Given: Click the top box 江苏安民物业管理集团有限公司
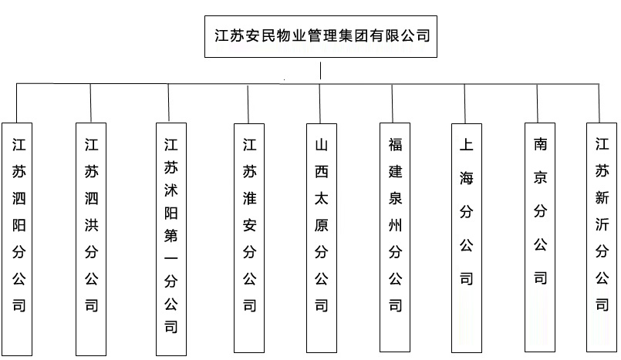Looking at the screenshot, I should (321, 35).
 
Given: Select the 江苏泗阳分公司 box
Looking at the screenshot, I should (19, 238).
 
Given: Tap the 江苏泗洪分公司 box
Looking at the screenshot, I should (92, 238).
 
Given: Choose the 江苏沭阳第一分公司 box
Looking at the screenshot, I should (171, 238).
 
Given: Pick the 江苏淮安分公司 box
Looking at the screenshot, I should (249, 238).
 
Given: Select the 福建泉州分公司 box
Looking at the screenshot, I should (395, 238).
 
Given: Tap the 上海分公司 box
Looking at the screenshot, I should (466, 238).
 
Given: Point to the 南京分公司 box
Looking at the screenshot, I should (540, 238).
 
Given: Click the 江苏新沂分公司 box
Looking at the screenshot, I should (602, 238).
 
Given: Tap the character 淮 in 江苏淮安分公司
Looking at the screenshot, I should (249, 197).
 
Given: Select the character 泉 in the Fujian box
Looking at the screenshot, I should (395, 197).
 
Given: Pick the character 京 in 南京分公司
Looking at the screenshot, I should (540, 177).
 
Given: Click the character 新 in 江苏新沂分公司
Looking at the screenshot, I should (602, 197).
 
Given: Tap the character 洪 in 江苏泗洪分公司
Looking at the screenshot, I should (92, 197).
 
